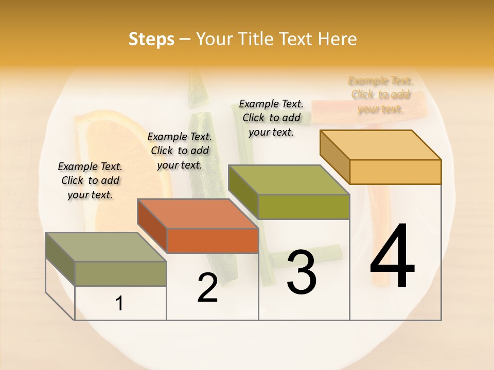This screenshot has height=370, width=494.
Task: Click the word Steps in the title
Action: click(151, 39)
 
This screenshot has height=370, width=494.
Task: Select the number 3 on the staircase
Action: click(302, 272)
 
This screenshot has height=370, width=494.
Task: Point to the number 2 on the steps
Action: click(207, 288)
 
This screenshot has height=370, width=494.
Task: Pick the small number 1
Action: click(119, 304)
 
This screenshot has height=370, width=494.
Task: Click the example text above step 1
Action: click(90, 180)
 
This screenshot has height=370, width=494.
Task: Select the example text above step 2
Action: click(180, 151)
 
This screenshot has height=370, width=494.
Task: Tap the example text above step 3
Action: click(271, 118)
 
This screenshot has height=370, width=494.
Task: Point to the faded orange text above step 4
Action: click(380, 95)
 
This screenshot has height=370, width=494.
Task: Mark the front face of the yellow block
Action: click(395, 172)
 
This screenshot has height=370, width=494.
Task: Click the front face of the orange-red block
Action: click(213, 240)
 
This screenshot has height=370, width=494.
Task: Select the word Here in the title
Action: click(337, 39)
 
